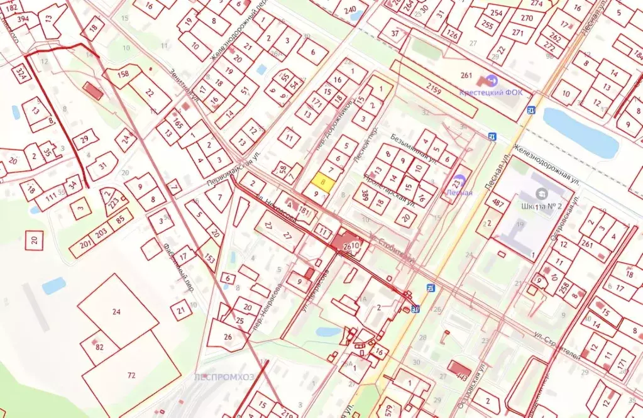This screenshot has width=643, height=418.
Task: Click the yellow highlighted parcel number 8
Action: (x=323, y=182)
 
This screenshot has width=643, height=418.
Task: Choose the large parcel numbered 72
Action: (x=131, y=375)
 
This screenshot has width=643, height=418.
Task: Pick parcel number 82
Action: (x=99, y=347)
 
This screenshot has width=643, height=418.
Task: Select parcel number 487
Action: (x=498, y=202)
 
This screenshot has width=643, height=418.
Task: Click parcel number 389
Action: (x=365, y=197)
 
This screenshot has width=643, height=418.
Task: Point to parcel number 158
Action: (x=123, y=74)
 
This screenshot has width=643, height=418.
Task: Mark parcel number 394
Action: (x=23, y=19)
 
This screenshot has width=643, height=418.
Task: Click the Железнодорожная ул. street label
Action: (x=546, y=165)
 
